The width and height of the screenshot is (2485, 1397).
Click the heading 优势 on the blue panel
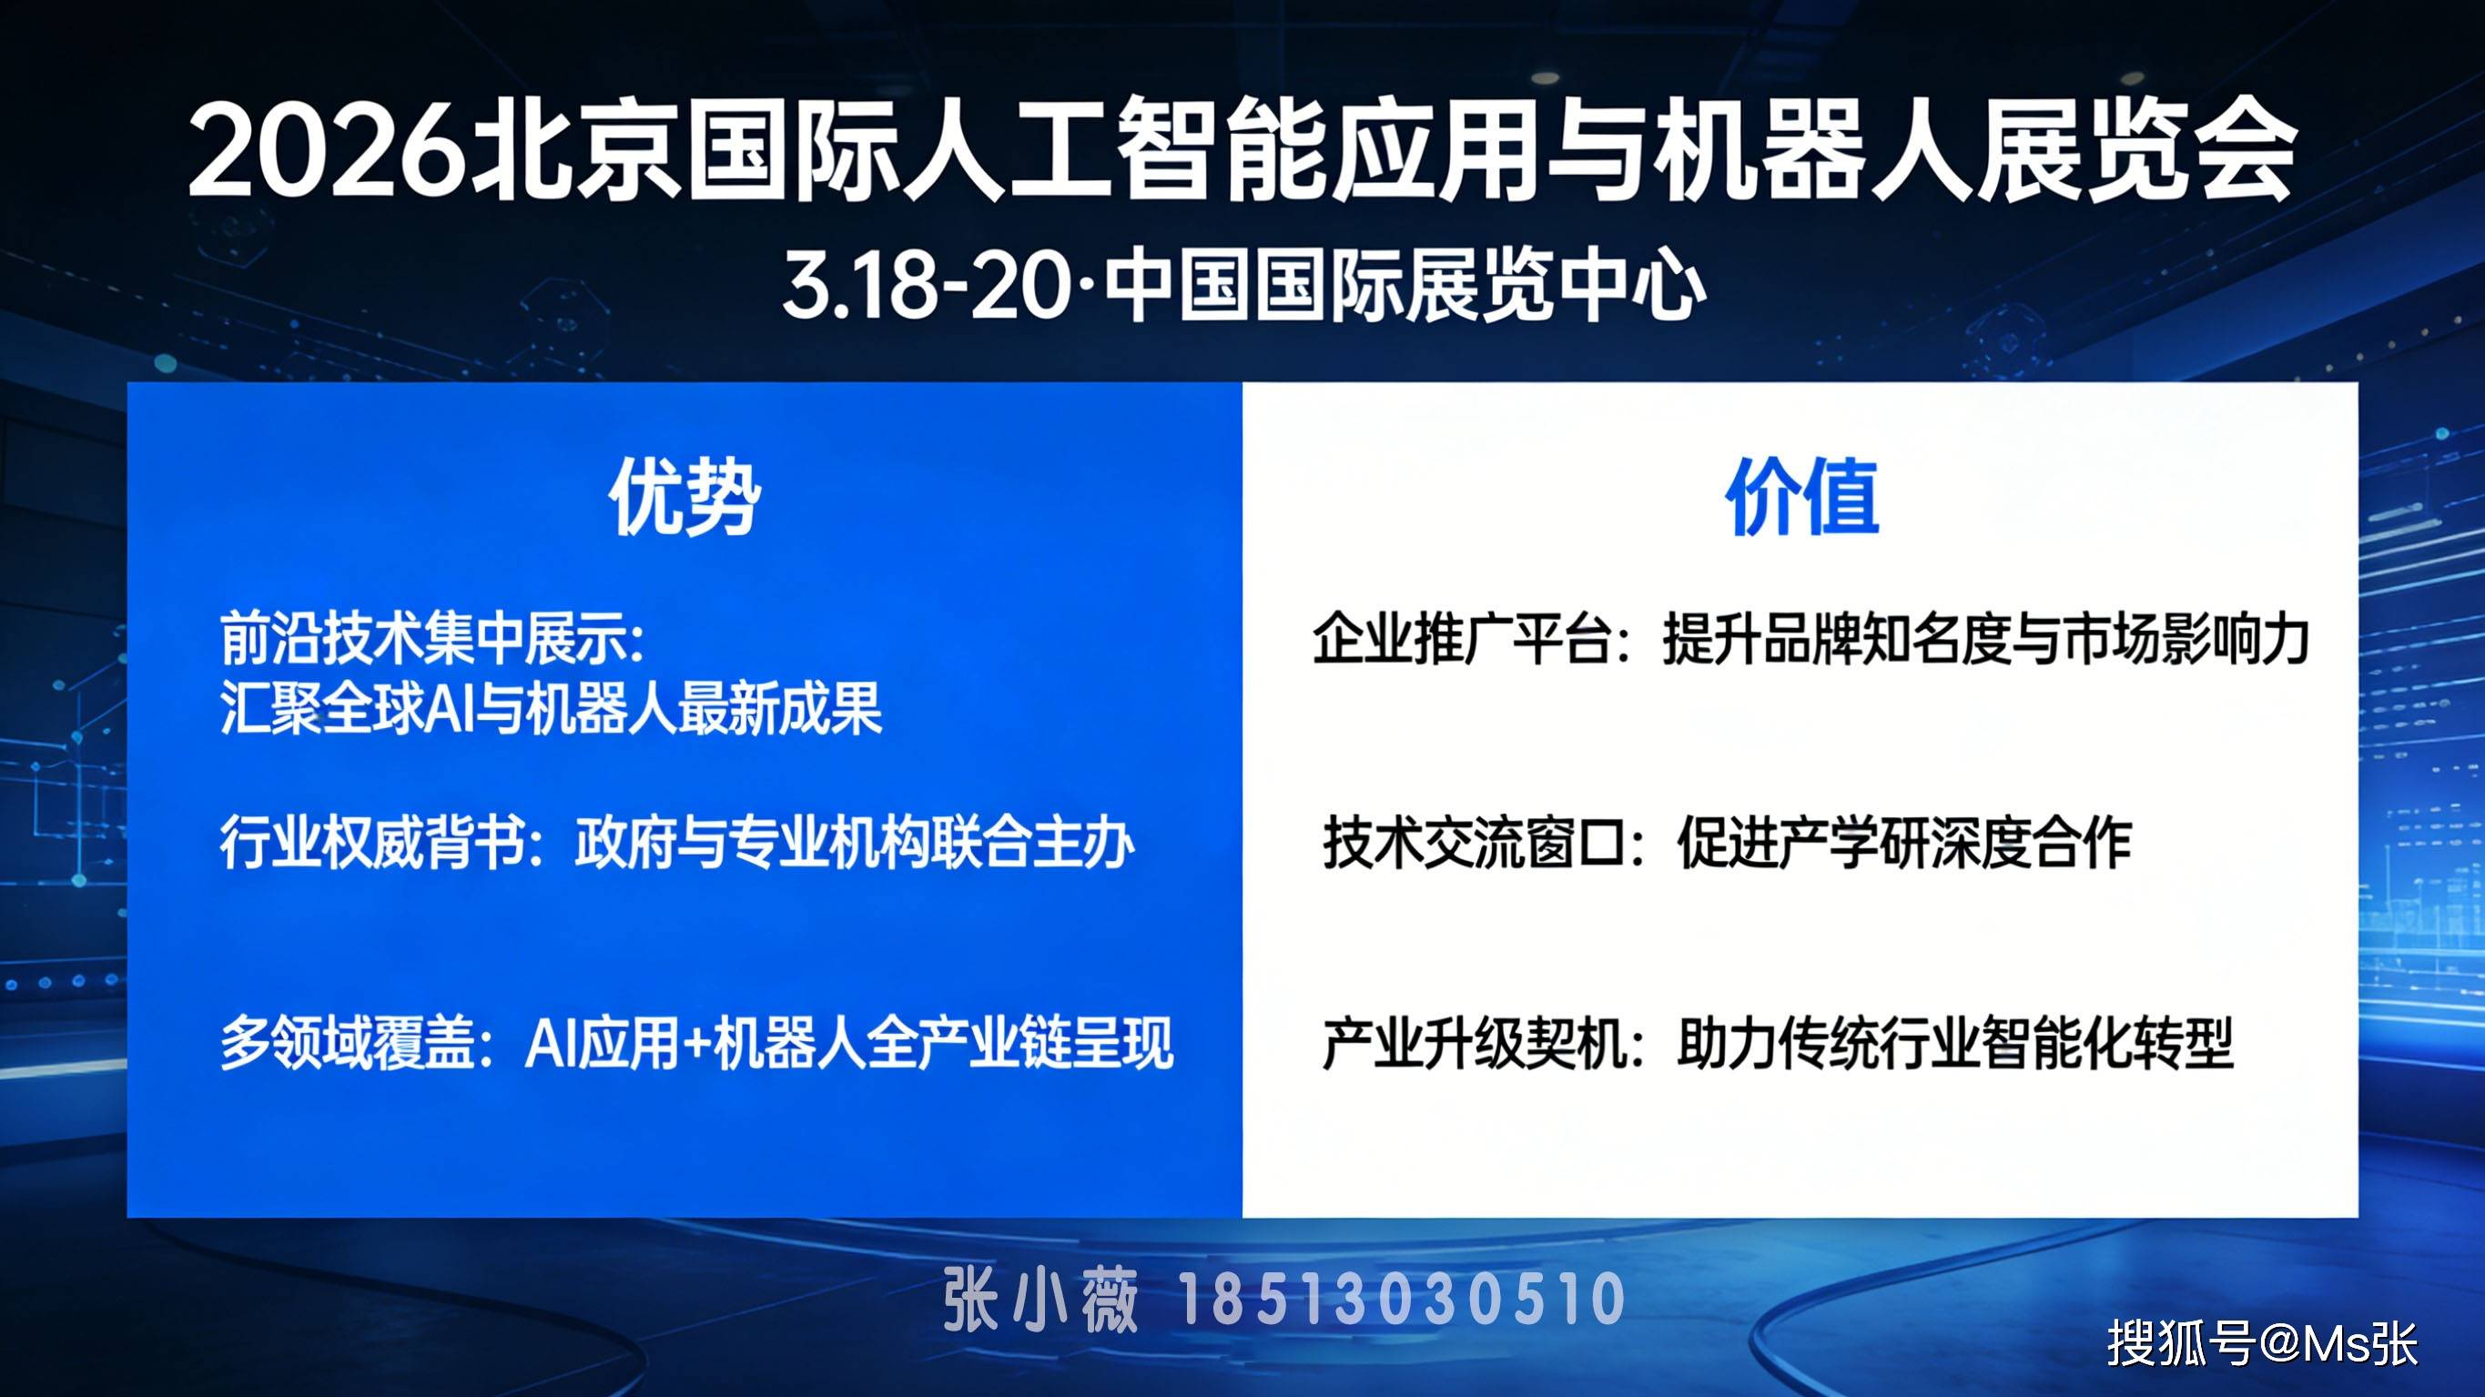point(684,496)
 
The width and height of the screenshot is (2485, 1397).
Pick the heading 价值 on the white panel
point(1801,496)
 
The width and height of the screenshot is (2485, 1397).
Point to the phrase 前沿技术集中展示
point(421,639)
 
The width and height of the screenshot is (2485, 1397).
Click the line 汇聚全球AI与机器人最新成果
point(551,709)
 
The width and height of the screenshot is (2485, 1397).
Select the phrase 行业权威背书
point(371,842)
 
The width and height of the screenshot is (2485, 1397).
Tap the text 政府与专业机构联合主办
point(855,842)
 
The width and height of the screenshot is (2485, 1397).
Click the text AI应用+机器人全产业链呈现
point(849,1043)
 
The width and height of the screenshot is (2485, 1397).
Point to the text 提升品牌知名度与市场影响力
point(1985,639)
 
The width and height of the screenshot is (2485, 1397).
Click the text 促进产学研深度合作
point(1903,842)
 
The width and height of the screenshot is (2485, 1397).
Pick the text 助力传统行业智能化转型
point(1954,1043)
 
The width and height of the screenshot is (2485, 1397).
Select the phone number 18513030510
point(1404,1299)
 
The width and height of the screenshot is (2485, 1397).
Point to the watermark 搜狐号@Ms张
point(2261,1342)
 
